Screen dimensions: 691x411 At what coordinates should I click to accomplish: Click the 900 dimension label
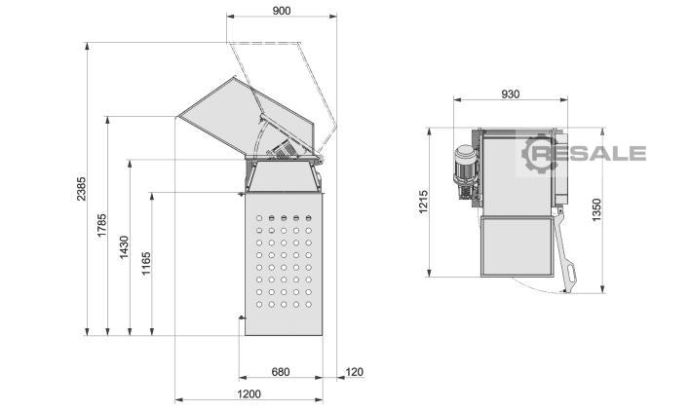(281, 11)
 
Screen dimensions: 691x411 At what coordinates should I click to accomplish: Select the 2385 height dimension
(82, 189)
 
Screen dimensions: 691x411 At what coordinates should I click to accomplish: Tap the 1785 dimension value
(101, 225)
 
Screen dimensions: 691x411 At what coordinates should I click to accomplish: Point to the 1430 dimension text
(125, 247)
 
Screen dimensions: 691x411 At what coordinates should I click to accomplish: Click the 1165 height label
(146, 263)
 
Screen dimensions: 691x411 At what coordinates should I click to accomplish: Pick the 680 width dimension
(281, 372)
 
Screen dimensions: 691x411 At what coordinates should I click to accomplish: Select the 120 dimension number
(354, 372)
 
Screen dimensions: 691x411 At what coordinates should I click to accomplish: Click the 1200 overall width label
(249, 393)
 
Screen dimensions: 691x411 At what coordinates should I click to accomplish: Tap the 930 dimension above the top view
(511, 94)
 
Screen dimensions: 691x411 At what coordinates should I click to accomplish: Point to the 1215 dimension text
(424, 202)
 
